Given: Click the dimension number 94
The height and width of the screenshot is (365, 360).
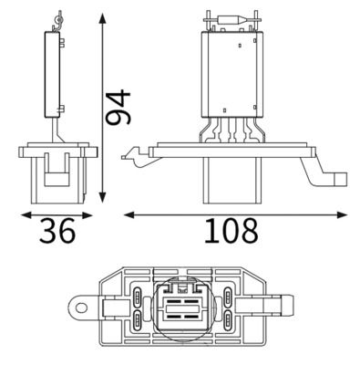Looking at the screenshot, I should (x=118, y=109).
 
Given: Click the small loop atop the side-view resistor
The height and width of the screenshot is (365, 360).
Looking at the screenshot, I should (x=59, y=17).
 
